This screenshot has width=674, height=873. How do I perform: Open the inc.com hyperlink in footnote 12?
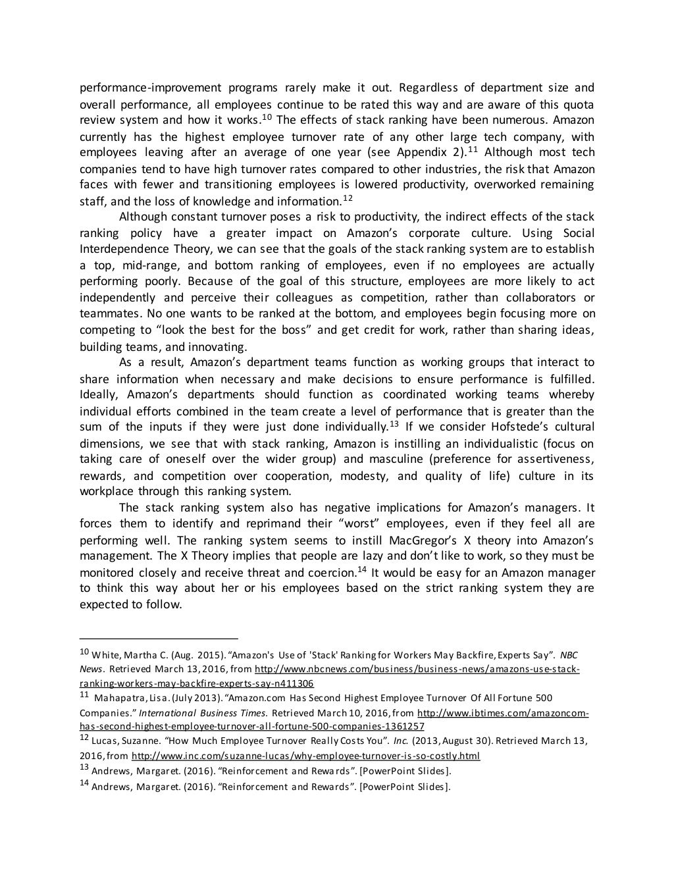(305, 756)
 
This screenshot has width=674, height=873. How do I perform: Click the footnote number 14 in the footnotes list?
(84, 785)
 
